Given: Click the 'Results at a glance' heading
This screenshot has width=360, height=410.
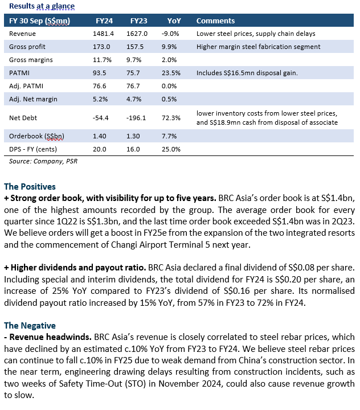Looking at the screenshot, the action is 42,6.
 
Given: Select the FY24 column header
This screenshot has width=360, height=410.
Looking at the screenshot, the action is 104,20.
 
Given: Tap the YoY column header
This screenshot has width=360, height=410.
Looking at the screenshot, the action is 174,20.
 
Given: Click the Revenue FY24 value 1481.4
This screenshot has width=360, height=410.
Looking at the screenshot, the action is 103,34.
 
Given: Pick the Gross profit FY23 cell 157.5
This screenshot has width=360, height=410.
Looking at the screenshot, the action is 135,47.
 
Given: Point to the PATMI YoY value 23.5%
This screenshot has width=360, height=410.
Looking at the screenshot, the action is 171,73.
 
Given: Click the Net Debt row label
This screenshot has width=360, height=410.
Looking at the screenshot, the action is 23,118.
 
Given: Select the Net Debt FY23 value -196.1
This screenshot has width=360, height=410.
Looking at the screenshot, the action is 136,118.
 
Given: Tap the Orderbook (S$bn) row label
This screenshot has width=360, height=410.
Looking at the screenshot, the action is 36,136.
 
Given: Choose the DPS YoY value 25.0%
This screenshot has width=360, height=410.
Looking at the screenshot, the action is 171,149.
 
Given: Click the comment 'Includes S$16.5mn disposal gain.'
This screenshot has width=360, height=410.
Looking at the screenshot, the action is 247,73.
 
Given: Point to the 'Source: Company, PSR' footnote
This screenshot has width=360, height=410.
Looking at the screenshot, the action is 43,161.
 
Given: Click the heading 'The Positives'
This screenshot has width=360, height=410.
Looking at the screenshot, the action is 30,186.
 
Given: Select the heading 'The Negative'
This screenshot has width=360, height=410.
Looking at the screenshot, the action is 30,325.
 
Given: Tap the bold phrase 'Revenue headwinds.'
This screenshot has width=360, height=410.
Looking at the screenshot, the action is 51,337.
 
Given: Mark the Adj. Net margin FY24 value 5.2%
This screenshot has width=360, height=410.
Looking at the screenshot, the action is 100,99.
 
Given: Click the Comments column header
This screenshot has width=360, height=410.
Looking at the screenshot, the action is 215,20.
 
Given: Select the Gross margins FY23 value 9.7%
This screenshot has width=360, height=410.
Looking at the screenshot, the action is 134,60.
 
